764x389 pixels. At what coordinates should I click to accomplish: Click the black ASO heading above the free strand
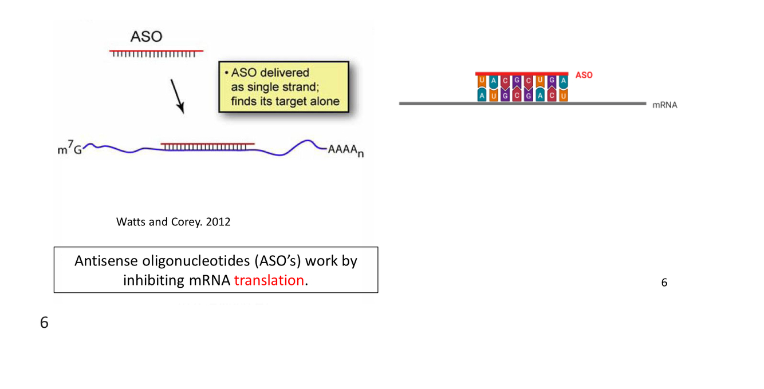(146, 37)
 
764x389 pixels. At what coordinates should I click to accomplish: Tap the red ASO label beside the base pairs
(584, 76)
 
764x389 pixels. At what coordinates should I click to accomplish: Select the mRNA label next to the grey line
(664, 105)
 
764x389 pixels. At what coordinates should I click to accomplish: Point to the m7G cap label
(69, 149)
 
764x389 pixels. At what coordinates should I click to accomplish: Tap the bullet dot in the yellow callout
(227, 73)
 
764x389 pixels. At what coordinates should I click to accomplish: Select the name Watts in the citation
(131, 222)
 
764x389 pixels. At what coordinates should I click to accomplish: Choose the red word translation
(269, 280)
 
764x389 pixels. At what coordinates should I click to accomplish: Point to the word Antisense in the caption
(106, 261)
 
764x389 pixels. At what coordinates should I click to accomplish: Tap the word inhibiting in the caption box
(153, 280)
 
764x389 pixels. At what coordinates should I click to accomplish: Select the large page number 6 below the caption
(44, 323)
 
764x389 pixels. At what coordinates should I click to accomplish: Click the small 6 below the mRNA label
(664, 283)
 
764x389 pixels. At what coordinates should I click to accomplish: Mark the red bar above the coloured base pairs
(521, 74)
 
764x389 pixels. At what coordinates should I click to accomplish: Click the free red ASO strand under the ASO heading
(156, 52)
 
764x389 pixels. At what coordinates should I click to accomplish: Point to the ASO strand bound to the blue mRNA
(207, 145)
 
